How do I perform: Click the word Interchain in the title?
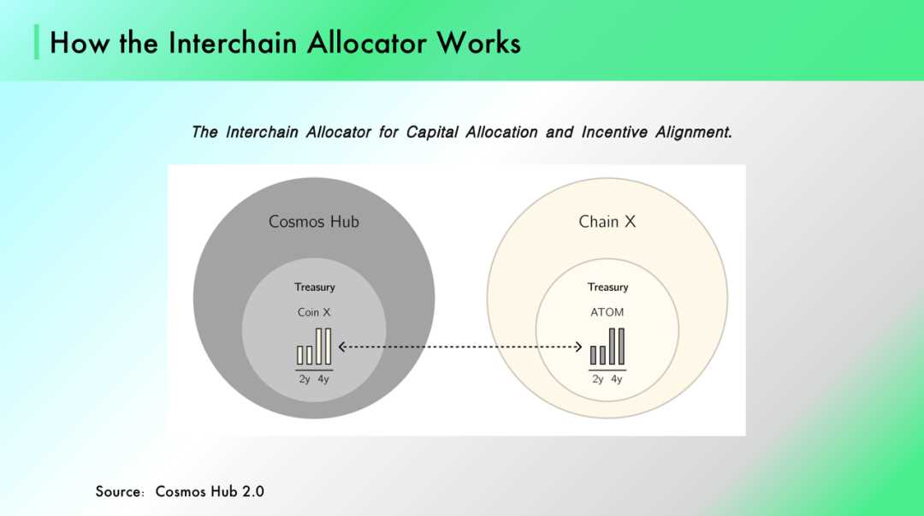click(x=234, y=43)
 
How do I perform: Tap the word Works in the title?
click(x=478, y=43)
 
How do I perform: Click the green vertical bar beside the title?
click(x=37, y=42)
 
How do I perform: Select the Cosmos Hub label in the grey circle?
click(x=313, y=222)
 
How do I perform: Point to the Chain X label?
click(x=607, y=222)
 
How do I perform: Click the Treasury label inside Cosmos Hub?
click(x=315, y=288)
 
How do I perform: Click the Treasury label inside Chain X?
click(x=607, y=288)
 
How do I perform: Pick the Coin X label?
click(x=314, y=312)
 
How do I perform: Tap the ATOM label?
click(x=607, y=312)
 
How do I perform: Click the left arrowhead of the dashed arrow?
click(x=341, y=347)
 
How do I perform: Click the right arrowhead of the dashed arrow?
click(x=579, y=347)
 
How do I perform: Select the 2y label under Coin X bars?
click(x=304, y=379)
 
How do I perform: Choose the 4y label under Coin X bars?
click(x=323, y=379)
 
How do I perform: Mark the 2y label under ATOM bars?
click(x=597, y=379)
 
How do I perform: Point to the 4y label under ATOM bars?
click(x=616, y=379)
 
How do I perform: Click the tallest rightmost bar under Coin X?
click(x=329, y=347)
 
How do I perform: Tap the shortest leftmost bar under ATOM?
click(x=594, y=356)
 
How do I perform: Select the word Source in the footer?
click(x=118, y=492)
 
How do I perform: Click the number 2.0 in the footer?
click(x=253, y=492)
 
